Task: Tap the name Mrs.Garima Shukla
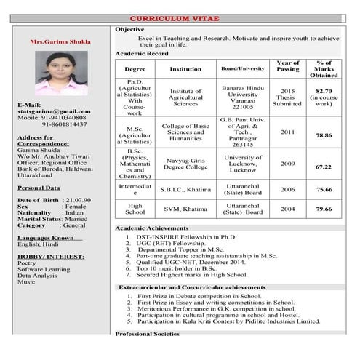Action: click(60, 42)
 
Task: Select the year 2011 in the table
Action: click(287, 132)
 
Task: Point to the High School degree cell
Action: click(135, 209)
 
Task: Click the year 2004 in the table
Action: click(287, 209)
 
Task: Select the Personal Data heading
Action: click(38, 188)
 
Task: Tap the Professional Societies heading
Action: click(147, 334)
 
